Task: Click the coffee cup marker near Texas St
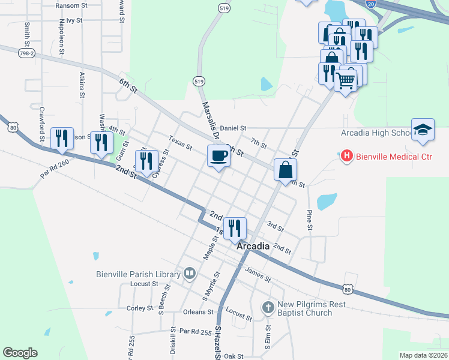tap(218, 156)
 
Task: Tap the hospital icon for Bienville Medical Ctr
tap(346, 157)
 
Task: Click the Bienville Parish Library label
tap(139, 274)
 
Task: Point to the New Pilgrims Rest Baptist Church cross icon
tap(268, 308)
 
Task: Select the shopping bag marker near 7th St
tap(285, 170)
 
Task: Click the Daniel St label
tap(233, 128)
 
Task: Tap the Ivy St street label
tap(74, 20)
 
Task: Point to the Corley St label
tap(140, 308)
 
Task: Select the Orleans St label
tap(198, 312)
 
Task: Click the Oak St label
tap(234, 356)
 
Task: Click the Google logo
tap(20, 353)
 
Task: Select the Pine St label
tap(310, 220)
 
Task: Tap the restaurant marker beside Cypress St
tap(146, 161)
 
